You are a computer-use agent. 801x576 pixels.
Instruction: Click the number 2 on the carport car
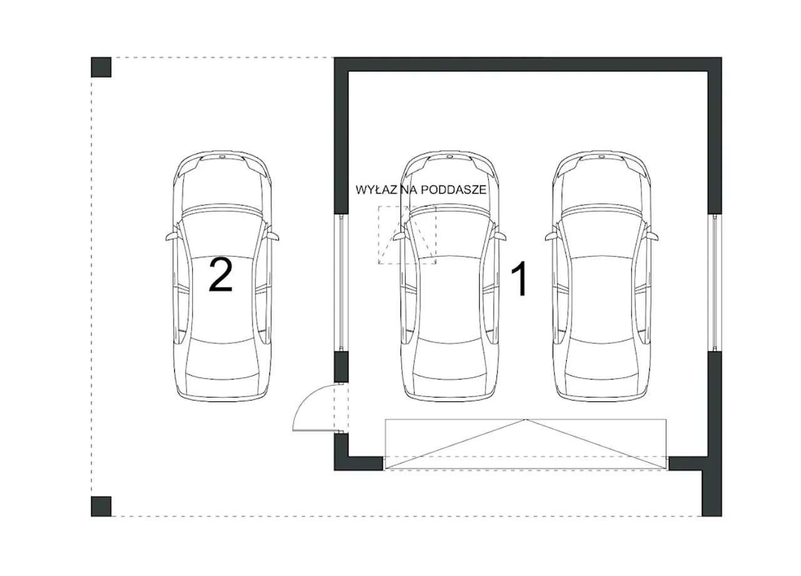[x=221, y=275]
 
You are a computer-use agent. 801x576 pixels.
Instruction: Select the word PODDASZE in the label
[x=454, y=190]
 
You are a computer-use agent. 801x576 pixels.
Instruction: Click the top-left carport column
[x=101, y=67]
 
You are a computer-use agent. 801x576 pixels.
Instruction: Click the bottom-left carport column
[x=101, y=507]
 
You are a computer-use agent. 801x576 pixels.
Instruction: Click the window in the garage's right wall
[x=715, y=282]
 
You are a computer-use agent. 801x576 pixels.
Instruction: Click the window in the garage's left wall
[x=341, y=282]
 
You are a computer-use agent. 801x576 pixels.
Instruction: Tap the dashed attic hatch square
[x=407, y=235]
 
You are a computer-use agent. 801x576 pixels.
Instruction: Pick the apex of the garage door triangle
[x=526, y=419]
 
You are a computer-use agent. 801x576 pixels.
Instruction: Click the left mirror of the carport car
[x=171, y=236]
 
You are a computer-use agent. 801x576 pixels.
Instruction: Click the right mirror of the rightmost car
[x=652, y=236]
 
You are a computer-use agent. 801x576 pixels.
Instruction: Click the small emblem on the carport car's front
[x=222, y=157]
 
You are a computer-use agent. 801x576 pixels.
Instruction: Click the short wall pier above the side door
[x=341, y=367]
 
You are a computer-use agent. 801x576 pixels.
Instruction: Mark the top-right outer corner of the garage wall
[x=722, y=57]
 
